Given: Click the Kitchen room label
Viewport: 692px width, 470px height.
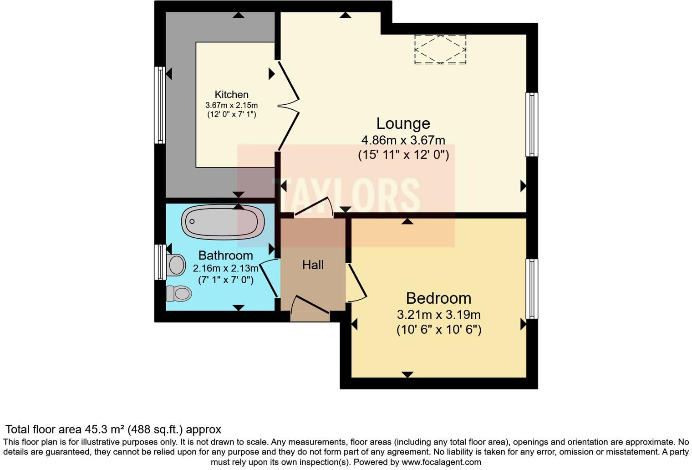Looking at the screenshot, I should coord(231,95).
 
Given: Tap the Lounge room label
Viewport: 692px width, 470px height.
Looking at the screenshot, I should coord(403,123).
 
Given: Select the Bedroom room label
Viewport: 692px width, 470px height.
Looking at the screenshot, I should coord(438,298).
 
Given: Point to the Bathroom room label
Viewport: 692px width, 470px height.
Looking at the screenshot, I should coord(225,255).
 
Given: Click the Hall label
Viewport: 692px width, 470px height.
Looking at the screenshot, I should coord(313,265).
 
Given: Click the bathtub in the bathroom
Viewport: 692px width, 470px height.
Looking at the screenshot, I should coord(223,222).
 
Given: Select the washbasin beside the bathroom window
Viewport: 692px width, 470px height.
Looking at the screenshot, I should coord(176,265).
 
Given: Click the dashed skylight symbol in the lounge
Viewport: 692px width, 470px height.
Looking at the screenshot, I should coord(440,49).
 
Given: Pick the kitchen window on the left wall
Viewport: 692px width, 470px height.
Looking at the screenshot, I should coord(160,105).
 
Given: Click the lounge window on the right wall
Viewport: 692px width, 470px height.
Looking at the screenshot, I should coord(532,124).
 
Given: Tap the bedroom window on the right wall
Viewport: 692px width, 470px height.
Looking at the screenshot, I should coord(532,289).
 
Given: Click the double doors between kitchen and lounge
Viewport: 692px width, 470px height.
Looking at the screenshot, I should coord(288,105).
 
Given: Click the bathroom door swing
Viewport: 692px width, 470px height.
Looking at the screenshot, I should coord(269,278).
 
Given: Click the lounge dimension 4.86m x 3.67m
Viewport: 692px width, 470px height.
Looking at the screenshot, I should coord(403,140).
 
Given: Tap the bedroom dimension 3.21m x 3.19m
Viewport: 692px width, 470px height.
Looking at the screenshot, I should coord(438,315).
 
